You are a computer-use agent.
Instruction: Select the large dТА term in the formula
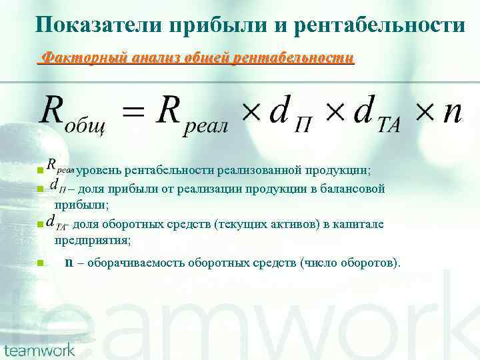377,114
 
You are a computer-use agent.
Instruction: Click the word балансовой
353,189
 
